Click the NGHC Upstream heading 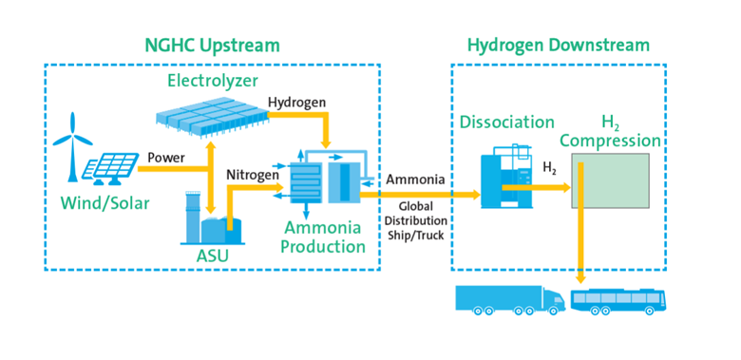click(212, 46)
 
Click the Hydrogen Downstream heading click(558, 46)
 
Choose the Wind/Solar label click(104, 203)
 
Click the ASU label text click(213, 256)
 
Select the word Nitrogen click(251, 174)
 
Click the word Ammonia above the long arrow click(415, 180)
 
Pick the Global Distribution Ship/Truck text click(416, 220)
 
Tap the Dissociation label click(507, 122)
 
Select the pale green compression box click(610, 180)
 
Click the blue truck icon click(510, 298)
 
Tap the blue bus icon click(618, 300)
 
